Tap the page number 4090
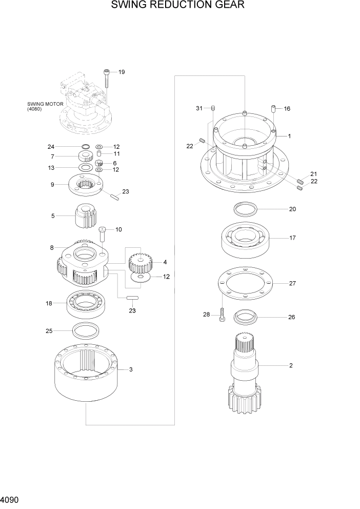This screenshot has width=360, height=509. [11, 498]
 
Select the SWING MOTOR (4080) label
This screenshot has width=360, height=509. [45, 106]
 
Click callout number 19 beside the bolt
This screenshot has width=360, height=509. [122, 72]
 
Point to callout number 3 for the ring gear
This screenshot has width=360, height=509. [131, 369]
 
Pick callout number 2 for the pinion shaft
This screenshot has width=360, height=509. [291, 366]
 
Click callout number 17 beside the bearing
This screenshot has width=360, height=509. [292, 238]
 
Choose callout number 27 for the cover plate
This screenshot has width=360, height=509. [292, 283]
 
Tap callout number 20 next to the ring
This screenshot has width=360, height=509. [292, 209]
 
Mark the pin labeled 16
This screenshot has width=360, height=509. [274, 109]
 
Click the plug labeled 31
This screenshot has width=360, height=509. [213, 108]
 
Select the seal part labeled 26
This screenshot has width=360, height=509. [246, 317]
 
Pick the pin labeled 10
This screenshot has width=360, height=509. [103, 234]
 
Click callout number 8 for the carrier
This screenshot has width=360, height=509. [52, 248]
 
